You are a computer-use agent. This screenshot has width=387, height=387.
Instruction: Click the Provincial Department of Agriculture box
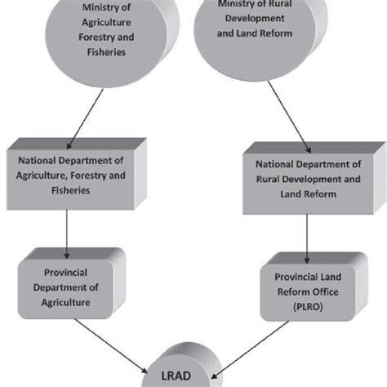[68, 285]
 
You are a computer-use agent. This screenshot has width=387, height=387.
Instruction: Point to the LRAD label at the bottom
[189, 376]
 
